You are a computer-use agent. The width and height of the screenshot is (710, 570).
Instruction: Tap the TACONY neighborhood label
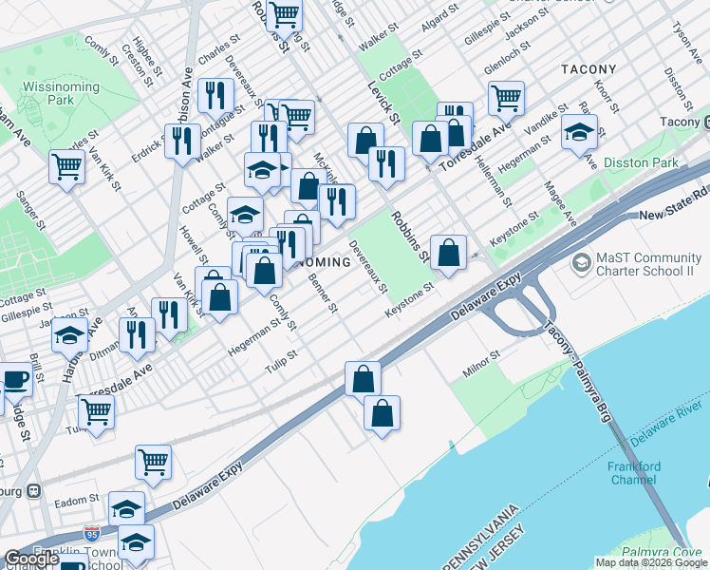(x=589, y=69)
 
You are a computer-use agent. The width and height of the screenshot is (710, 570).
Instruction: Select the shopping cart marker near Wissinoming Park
(x=68, y=166)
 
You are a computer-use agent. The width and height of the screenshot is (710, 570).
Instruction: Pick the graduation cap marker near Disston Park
(x=578, y=133)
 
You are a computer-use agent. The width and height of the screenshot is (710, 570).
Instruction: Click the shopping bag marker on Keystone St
(x=448, y=252)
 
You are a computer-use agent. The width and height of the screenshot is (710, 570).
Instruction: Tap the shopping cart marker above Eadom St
(x=153, y=462)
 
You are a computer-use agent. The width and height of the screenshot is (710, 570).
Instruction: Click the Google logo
(x=31, y=559)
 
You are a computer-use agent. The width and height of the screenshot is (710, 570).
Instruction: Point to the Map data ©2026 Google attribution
(x=650, y=562)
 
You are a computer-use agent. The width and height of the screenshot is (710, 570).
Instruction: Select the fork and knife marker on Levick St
(x=386, y=162)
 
